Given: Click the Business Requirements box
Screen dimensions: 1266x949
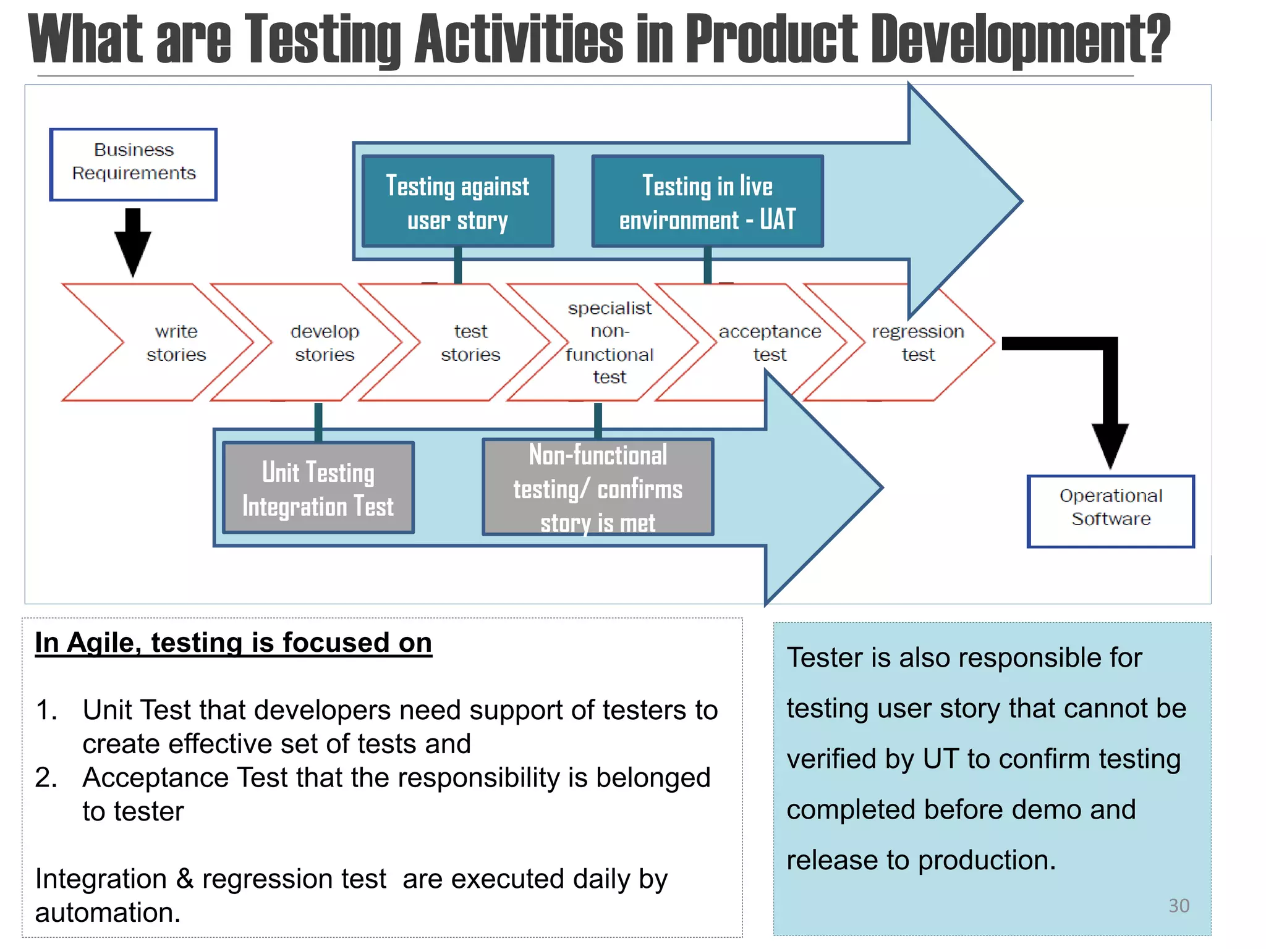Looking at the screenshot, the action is tap(134, 164).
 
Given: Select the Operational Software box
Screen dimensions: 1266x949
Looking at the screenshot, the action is tap(1110, 511).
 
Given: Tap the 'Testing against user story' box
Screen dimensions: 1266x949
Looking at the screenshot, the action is tap(457, 201).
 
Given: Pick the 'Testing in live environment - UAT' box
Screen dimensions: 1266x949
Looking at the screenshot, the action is tap(707, 201).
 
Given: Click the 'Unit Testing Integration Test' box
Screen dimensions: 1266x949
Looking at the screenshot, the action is tap(318, 488).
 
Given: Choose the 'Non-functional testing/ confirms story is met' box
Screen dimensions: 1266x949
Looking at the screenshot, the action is tap(598, 487).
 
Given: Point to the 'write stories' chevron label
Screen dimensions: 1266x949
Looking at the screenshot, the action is tap(176, 343).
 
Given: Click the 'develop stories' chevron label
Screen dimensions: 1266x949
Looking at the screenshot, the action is tap(325, 343).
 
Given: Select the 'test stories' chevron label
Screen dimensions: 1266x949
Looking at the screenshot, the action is tap(470, 343).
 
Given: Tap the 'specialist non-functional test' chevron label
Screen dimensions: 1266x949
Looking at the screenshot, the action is tap(610, 342).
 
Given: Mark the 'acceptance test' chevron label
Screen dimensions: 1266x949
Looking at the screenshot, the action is tap(770, 343).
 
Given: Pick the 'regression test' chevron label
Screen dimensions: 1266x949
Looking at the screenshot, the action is tap(918, 343).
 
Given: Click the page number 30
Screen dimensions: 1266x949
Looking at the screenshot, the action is tap(1179, 906).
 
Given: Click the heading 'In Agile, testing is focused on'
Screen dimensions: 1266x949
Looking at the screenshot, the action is tap(233, 643).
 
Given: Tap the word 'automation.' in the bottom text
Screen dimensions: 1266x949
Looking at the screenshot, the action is tap(108, 913).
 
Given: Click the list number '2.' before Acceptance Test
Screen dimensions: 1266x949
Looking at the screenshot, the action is tap(46, 777).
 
